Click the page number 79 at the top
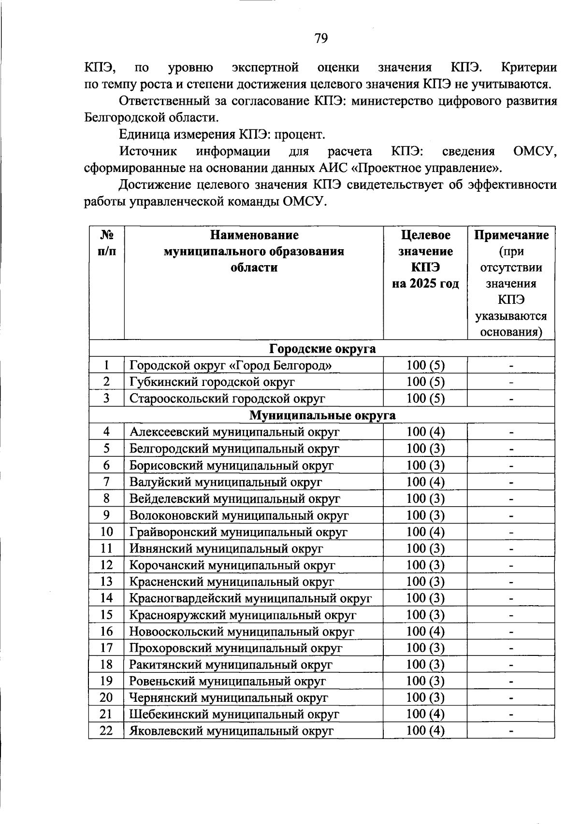[321, 38]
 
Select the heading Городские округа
[322, 349]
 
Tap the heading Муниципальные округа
[322, 415]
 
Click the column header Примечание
[511, 235]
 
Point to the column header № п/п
[106, 243]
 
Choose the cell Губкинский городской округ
[212, 382]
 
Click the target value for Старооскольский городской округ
[425, 398]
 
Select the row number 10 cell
[106, 532]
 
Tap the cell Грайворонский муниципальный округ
[238, 532]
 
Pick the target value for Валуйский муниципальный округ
[425, 482]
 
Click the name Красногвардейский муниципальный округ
[250, 598]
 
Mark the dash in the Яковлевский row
[511, 731]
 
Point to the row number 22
[106, 731]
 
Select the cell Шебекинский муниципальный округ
[234, 714]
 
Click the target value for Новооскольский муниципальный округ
[425, 631]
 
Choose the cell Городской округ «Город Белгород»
[231, 366]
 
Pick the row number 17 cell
[106, 648]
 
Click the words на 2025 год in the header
[425, 284]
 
